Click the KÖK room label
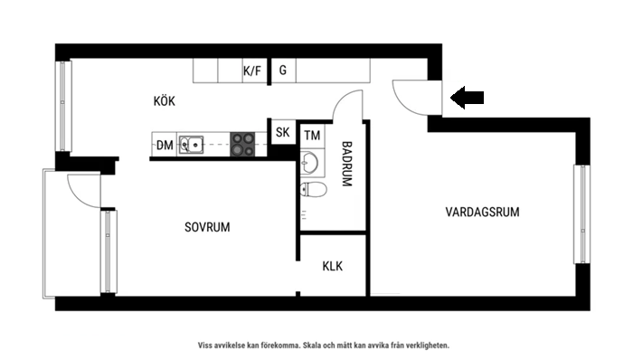(165, 101)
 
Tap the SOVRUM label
(207, 228)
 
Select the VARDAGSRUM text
(482, 213)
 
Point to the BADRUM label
(346, 164)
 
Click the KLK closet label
(333, 267)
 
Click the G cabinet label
(283, 71)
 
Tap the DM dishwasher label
(165, 145)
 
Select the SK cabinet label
(282, 133)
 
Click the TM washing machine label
(313, 137)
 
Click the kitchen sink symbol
(191, 144)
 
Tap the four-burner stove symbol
(242, 144)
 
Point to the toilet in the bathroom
(313, 190)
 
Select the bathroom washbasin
(309, 164)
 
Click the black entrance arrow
(468, 98)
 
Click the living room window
(581, 215)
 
